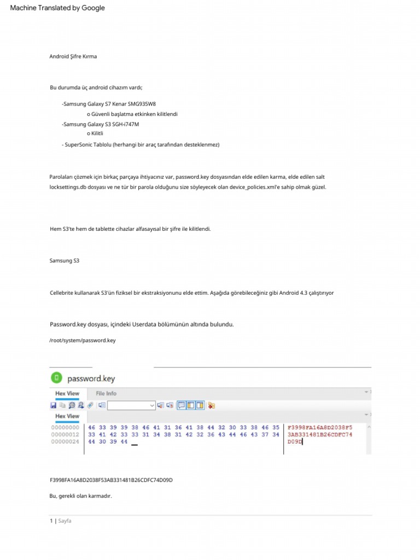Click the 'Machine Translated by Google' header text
pos(57,8)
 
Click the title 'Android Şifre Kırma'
pos(73,56)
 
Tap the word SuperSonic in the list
pos(80,144)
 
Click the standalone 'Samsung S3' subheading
pos(65,261)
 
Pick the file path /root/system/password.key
pos(83,340)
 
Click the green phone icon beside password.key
pos(56,378)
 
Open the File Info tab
pos(106,393)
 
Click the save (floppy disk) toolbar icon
pos(53,405)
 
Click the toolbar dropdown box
pos(131,405)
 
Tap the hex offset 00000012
pos(66,434)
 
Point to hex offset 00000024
pos(66,441)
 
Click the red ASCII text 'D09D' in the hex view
pos(295,441)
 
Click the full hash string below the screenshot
pos(111,480)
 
